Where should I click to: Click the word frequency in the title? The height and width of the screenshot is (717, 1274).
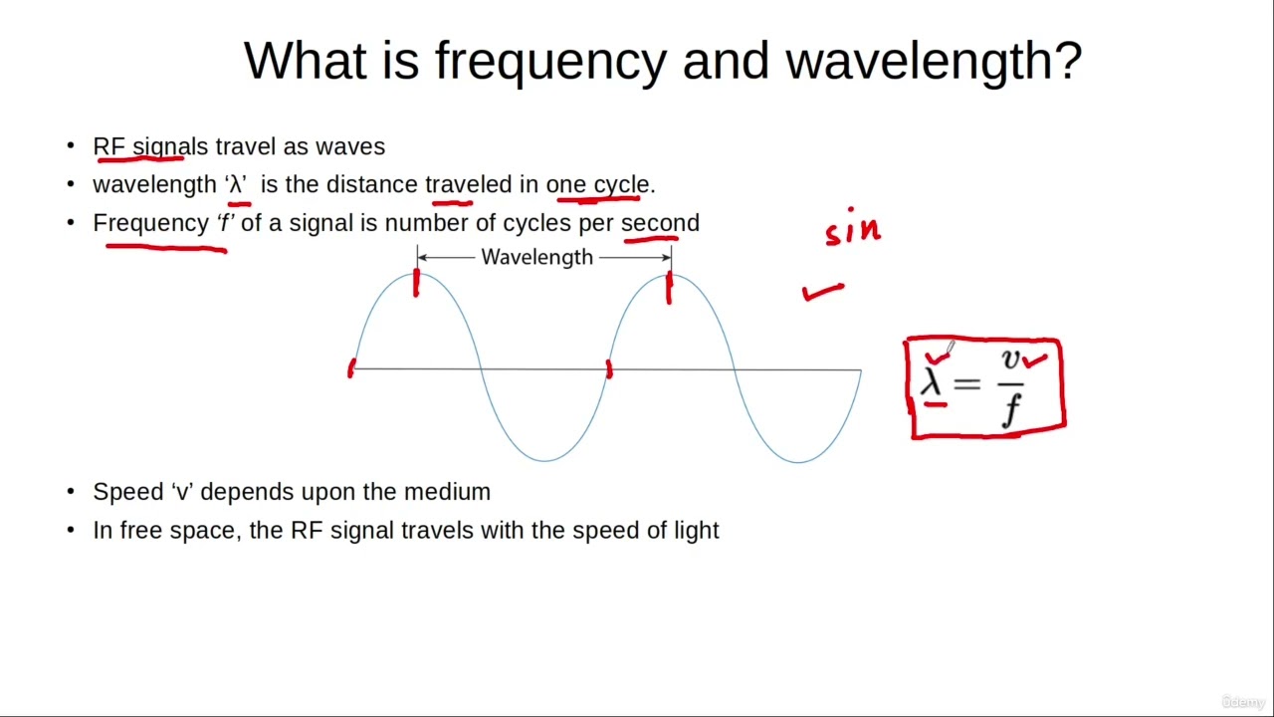coord(549,62)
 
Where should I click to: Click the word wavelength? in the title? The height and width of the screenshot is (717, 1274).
coord(933,62)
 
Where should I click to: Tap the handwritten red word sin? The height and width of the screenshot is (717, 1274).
coord(853,229)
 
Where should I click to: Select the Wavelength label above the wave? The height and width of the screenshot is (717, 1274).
coord(536,257)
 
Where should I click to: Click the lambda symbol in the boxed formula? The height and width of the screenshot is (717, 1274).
coord(932,381)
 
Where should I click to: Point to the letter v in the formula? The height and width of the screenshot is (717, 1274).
coord(1011,359)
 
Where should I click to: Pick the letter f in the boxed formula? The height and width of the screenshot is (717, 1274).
coord(1011,408)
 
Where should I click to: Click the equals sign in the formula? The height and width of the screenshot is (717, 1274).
coord(966,383)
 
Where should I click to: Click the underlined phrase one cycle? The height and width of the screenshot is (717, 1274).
coord(597,185)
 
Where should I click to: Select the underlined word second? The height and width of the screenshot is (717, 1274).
coord(660,223)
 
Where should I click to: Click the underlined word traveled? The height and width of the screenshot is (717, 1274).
coord(468,185)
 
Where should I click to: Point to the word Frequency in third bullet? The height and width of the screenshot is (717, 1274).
coord(150,223)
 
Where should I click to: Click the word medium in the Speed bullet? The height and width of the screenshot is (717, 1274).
coord(447,492)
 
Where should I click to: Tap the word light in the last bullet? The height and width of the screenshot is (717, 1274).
coord(696,530)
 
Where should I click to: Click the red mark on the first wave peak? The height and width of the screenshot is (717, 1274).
coord(416,284)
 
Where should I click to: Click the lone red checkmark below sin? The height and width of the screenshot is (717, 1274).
coord(823,292)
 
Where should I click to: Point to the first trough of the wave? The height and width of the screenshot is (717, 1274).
coord(544,460)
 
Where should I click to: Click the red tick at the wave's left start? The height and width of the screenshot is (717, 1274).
coord(350,368)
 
